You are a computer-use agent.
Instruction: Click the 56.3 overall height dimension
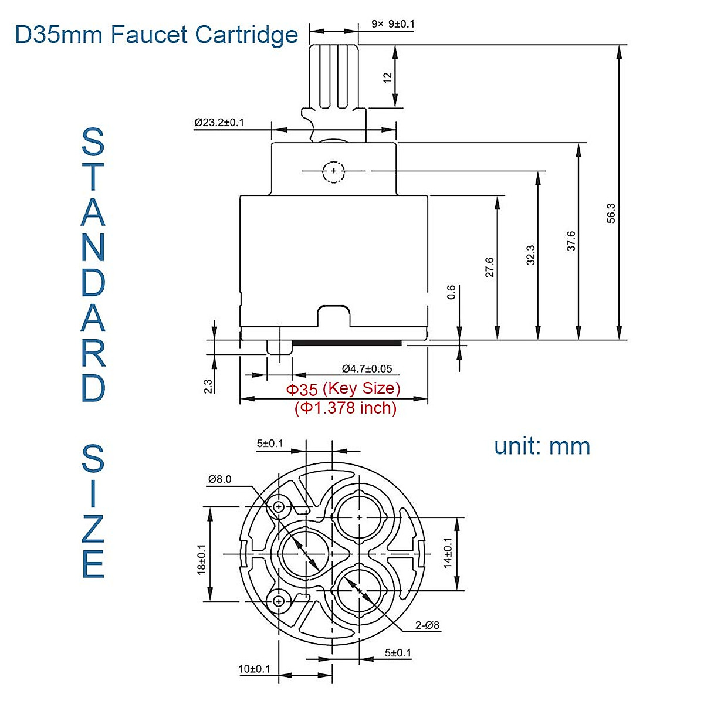[611, 213]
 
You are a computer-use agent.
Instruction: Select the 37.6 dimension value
[571, 241]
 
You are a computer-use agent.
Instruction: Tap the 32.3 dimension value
[531, 255]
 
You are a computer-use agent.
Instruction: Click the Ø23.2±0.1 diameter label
[219, 123]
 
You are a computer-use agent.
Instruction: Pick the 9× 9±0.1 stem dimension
[392, 24]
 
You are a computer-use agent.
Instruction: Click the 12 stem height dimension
[387, 77]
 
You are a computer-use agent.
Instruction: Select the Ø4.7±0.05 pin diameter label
[367, 368]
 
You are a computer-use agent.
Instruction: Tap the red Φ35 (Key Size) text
[343, 388]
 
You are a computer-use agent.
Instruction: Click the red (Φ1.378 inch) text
[346, 408]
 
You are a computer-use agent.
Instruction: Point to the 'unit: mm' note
[541, 446]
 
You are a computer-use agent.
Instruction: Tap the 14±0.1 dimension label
[448, 553]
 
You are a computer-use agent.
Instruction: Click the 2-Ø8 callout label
[427, 625]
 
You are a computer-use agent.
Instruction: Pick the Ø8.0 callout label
[219, 479]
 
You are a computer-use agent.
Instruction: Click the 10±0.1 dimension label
[254, 669]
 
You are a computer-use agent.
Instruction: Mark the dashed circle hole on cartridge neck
[333, 171]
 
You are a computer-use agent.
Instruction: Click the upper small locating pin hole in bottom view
[279, 506]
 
